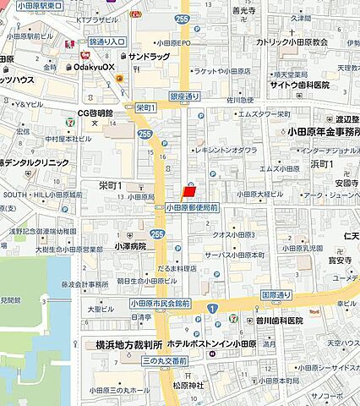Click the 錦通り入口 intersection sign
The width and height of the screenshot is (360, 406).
(x=106, y=41)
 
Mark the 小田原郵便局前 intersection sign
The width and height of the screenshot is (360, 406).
(x=192, y=206)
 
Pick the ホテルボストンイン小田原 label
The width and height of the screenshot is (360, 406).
(x=222, y=345)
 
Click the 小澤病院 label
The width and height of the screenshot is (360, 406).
(x=131, y=246)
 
